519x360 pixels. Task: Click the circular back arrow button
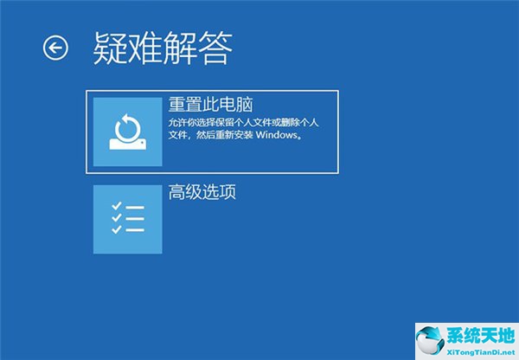tap(55, 48)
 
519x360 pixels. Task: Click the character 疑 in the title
tap(110, 48)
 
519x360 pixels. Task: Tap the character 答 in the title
tap(215, 48)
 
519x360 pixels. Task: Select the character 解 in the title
tap(180, 48)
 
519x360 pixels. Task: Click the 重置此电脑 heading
tap(210, 105)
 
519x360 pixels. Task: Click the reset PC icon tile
tap(128, 132)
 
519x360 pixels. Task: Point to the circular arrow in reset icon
tap(128, 128)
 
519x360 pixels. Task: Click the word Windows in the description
tap(277, 135)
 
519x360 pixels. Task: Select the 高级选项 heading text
tap(202, 192)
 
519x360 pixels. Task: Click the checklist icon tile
tap(128, 219)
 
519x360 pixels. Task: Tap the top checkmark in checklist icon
tap(117, 206)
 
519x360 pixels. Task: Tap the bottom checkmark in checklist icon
tap(117, 229)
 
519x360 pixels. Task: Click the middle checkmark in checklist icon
tap(117, 217)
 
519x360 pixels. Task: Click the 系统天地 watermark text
tap(481, 336)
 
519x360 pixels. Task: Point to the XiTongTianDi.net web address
tap(481, 351)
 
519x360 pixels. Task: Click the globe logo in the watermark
tap(430, 341)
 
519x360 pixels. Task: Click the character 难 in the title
tap(145, 48)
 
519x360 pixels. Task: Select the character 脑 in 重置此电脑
tap(244, 105)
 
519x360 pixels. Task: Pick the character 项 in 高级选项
tap(227, 192)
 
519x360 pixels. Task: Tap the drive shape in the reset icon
tap(128, 145)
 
